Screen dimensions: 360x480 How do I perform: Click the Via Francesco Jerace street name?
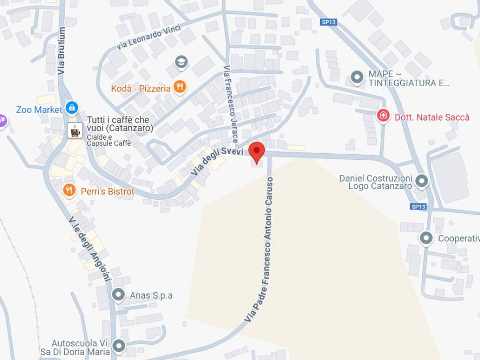pos(231,104)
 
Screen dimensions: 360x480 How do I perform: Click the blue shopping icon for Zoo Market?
pos(72,108)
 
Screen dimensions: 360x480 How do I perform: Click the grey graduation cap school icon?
pos(181,61)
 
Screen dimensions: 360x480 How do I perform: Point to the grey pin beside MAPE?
pos(357,77)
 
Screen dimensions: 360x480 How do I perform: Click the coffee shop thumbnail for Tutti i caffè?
pos(75,130)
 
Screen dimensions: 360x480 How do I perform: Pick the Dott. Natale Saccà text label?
pos(432,117)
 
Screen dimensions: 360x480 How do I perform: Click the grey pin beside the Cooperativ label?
pos(426,239)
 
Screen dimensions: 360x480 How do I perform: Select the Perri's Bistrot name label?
pos(107,191)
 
